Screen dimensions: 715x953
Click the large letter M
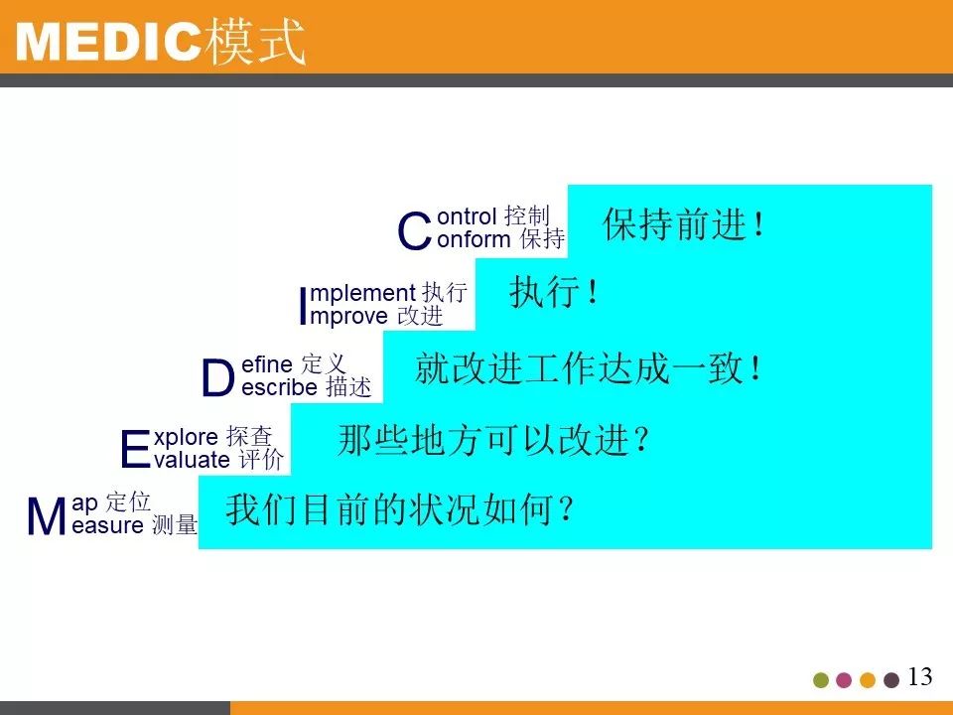[x=47, y=517]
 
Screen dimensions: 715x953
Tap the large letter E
[x=134, y=450]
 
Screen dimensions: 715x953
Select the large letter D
[x=217, y=378]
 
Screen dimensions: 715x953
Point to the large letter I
[x=304, y=306]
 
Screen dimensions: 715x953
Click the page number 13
[x=920, y=677]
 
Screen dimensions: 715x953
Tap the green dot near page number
[x=821, y=680]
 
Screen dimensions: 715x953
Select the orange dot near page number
[x=868, y=680]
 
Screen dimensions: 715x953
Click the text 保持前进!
[x=684, y=226]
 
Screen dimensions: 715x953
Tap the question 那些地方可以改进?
[x=494, y=440]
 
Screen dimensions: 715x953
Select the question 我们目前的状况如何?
[x=401, y=510]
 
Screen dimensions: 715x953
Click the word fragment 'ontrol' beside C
[x=467, y=215]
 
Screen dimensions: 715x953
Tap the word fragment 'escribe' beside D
[x=280, y=388]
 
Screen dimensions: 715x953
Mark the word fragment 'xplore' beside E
[x=187, y=437]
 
